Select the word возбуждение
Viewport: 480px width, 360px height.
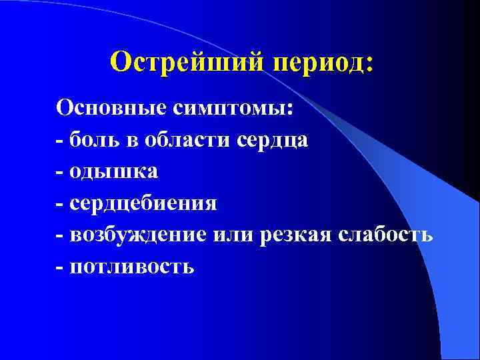click(141, 236)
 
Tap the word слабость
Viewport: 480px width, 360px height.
click(386, 236)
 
